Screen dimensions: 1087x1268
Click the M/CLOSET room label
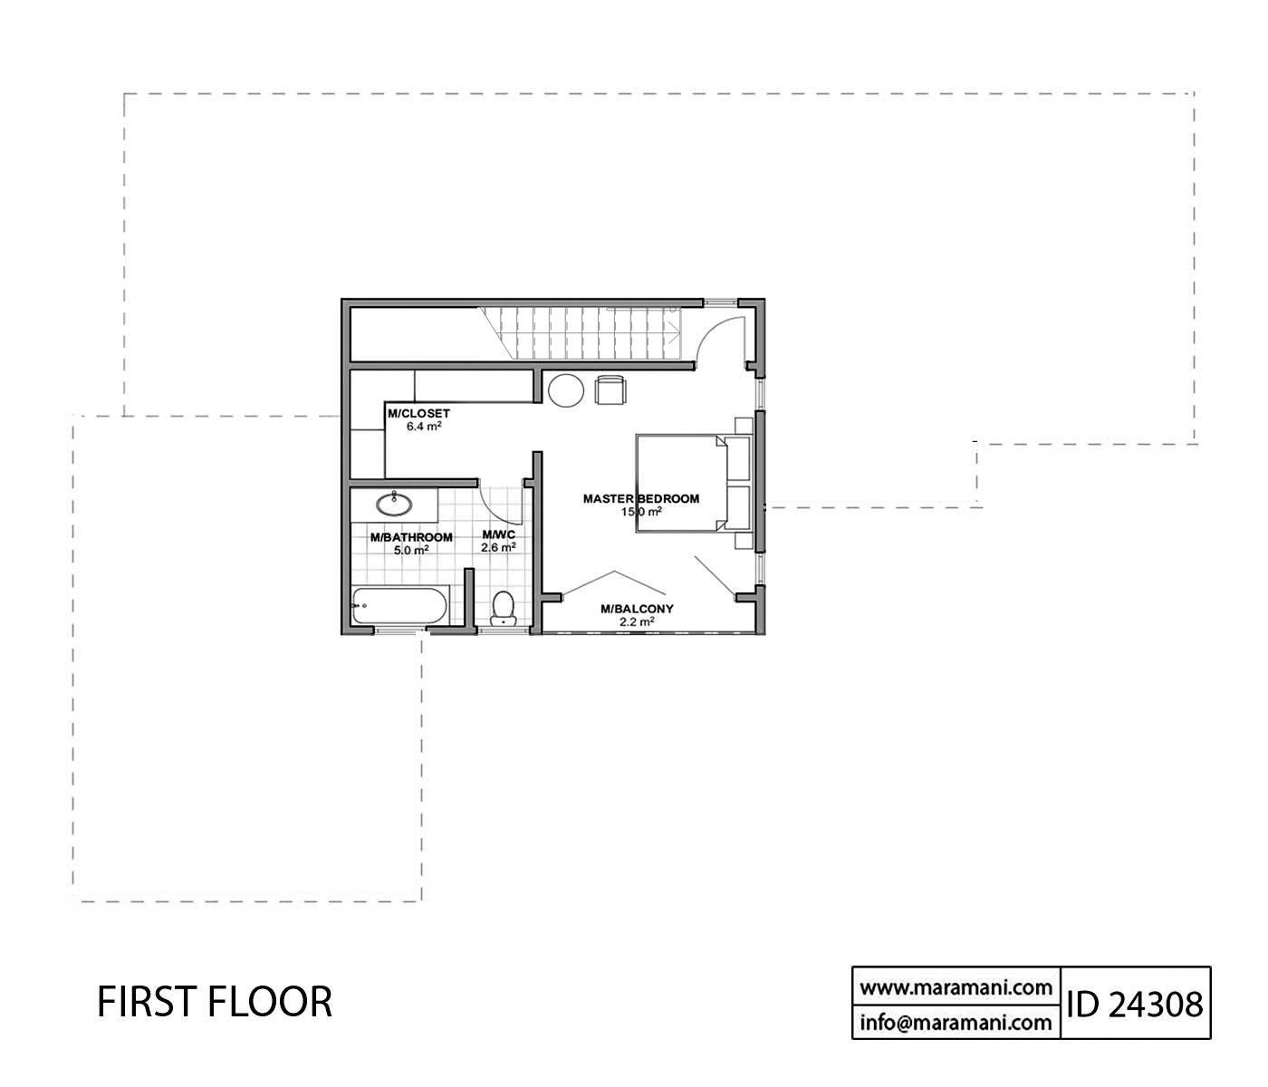(418, 413)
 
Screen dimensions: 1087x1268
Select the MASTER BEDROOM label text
(640, 498)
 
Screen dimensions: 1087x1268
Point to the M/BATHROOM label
(411, 537)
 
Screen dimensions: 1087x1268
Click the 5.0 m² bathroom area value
(411, 549)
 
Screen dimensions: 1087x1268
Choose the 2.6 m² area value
(498, 547)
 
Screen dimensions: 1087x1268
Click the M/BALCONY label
(637, 609)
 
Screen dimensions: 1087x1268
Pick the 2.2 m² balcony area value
(637, 622)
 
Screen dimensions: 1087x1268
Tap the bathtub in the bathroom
(399, 605)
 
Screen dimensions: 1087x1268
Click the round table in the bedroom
(567, 390)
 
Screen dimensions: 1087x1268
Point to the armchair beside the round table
(610, 390)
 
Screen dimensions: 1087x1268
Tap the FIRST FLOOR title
(215, 1002)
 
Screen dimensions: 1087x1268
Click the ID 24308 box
(1135, 1003)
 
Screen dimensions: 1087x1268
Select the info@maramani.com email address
(956, 1024)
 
